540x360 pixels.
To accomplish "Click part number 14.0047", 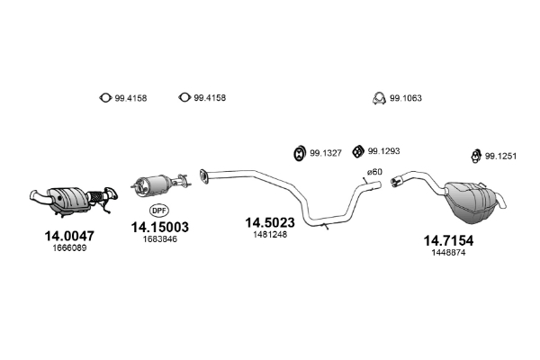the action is [69, 236].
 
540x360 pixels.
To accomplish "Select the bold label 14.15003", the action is [160, 227].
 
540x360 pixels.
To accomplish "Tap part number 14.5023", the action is [270, 222].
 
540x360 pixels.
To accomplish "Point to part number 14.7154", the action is [448, 240].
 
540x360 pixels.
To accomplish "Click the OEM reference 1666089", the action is [69, 248].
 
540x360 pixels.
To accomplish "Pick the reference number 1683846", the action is [160, 239].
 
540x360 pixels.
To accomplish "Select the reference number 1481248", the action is [270, 235].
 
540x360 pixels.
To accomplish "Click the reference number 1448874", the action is [448, 253].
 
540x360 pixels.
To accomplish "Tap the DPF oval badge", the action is [159, 210].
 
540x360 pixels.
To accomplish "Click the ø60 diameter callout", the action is [374, 172].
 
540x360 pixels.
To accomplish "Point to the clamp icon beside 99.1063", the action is [379, 98].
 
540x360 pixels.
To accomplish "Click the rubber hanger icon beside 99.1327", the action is [300, 153].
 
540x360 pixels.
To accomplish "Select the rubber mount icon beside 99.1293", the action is [358, 151].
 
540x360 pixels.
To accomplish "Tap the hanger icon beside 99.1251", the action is [476, 156].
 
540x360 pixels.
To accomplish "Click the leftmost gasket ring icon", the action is [105, 98].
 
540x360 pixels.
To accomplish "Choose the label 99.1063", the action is [406, 98].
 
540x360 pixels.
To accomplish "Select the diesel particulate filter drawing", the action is [160, 184].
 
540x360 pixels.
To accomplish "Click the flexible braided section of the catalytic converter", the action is [96, 196].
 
